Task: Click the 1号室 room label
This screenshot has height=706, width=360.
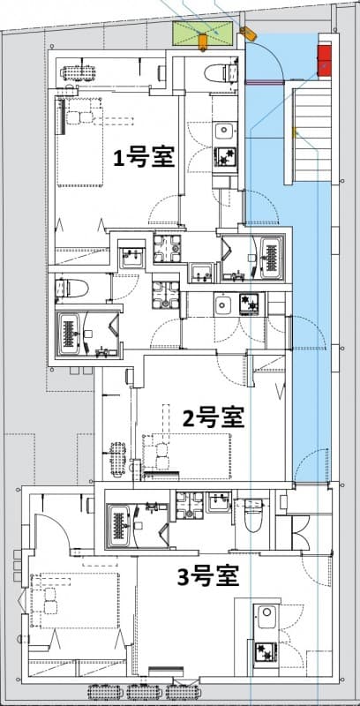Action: pos(142,157)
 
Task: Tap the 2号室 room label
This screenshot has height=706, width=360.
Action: pos(213,416)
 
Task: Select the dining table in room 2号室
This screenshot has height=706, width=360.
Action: pos(117,458)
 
